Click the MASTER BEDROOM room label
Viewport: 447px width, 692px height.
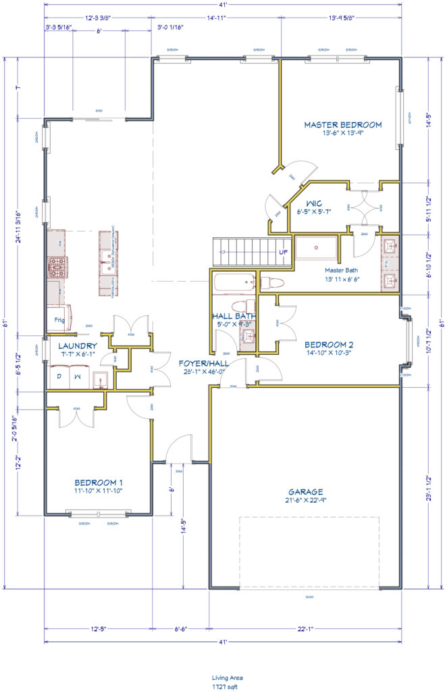(342, 124)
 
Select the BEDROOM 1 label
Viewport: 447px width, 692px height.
(99, 483)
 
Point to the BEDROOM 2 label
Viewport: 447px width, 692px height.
(329, 344)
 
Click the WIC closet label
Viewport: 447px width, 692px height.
(313, 203)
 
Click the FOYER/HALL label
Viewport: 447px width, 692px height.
(203, 363)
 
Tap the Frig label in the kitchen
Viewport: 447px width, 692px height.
(60, 320)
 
